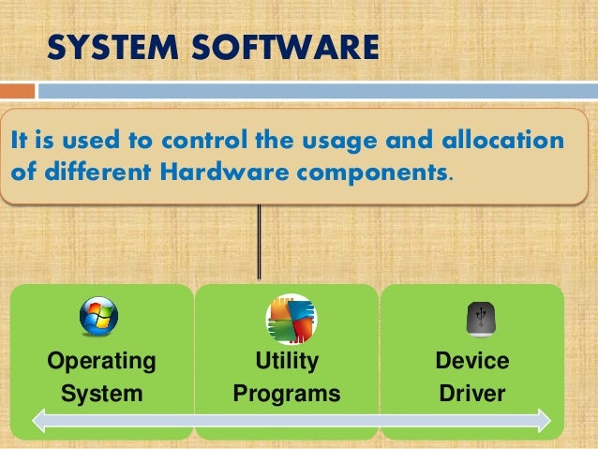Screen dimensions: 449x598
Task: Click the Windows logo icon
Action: (99, 316)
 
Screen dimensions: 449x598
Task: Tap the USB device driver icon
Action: (475, 318)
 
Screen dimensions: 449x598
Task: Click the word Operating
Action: (101, 361)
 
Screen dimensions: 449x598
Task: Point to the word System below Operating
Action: (101, 394)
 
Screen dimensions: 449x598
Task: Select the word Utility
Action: (287, 361)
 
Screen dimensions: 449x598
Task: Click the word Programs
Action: (287, 394)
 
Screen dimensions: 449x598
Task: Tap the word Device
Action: (472, 361)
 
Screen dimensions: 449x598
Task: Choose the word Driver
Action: (472, 394)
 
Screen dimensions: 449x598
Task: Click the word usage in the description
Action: (343, 142)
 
